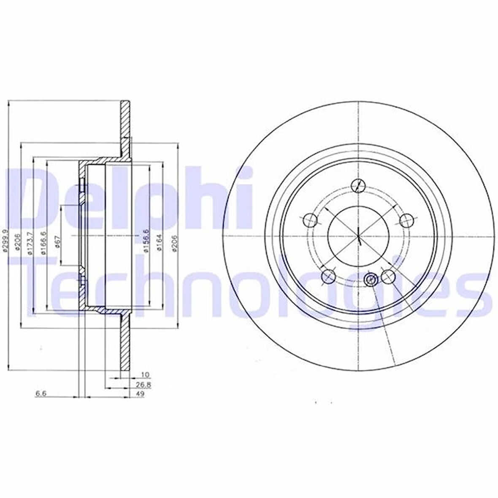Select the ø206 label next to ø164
point(173,242)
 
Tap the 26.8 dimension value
point(146,384)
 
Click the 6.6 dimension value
point(41,394)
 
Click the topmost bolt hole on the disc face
point(358,184)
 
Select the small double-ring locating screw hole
point(371,279)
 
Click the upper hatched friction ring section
point(125,120)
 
